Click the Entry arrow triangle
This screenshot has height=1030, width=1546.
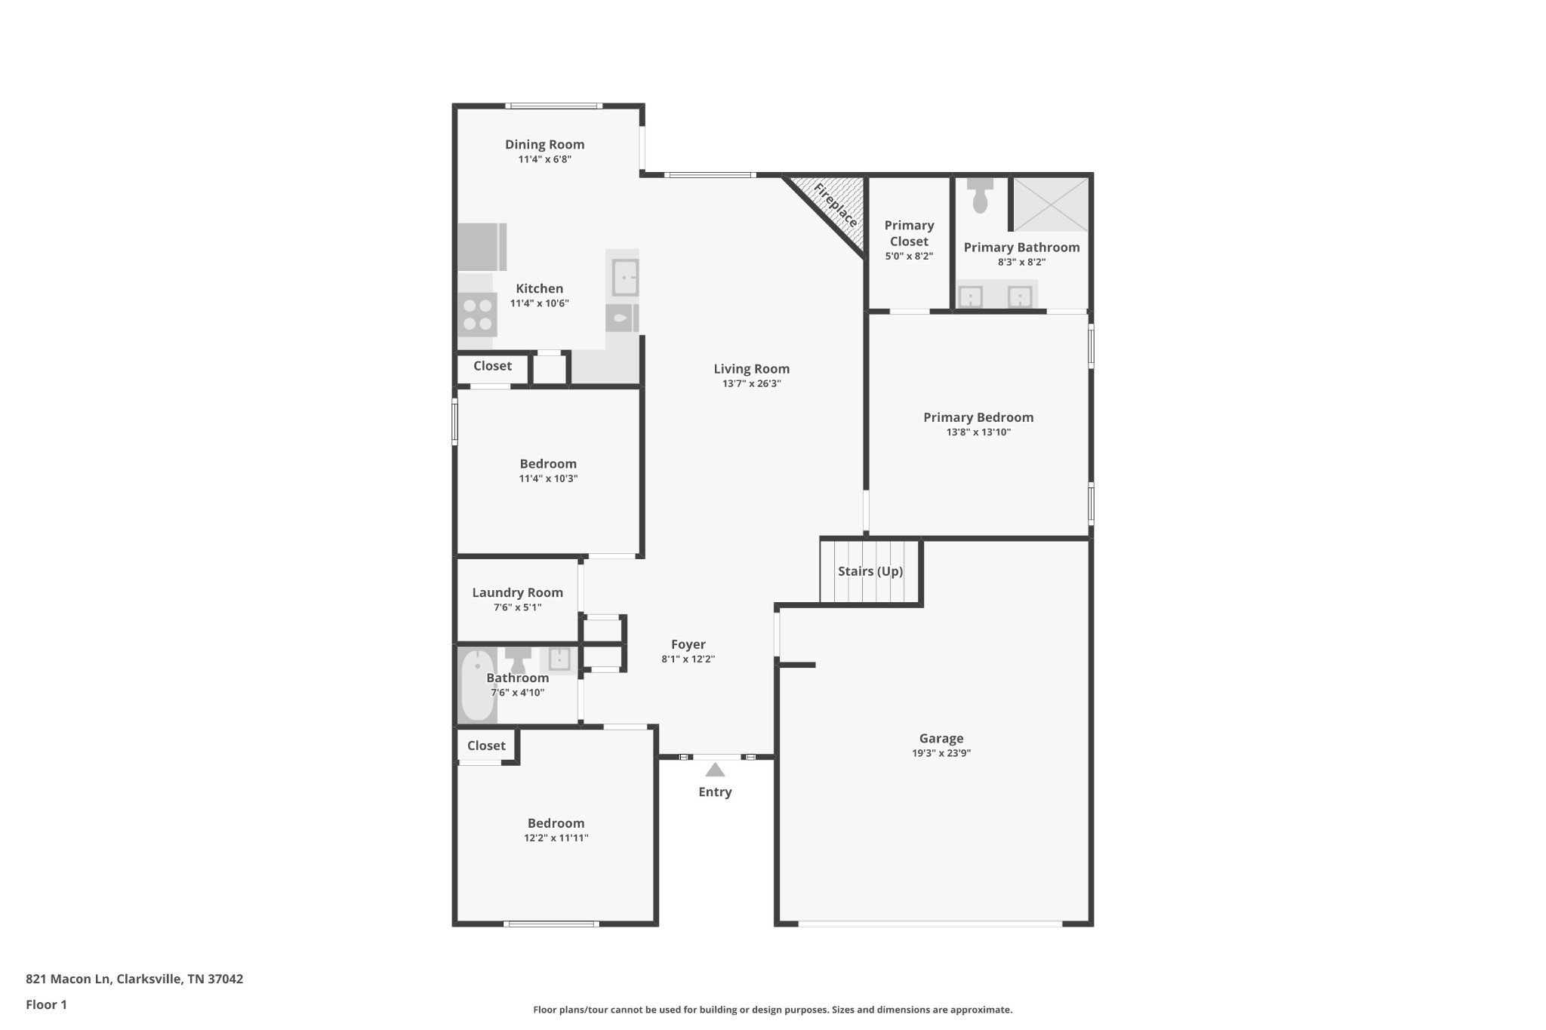[x=715, y=770]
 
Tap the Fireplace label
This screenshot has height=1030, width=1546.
[x=836, y=205]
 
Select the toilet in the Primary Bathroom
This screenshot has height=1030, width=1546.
[x=980, y=195]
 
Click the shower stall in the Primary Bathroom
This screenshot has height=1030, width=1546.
[x=1050, y=204]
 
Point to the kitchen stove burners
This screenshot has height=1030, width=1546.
[x=477, y=315]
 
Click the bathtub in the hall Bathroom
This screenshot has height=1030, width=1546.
[x=477, y=685]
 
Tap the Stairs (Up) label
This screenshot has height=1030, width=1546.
[x=870, y=571]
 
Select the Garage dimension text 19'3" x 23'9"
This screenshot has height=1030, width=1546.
[x=941, y=753]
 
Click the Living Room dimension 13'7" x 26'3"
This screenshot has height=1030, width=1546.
[x=751, y=383]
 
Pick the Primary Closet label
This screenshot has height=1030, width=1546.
[x=909, y=233]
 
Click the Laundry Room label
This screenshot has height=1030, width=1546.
[x=517, y=592]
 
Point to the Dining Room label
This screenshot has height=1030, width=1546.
[x=544, y=144]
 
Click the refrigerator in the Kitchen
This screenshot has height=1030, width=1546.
[x=481, y=247]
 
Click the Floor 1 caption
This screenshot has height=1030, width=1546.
[x=46, y=1004]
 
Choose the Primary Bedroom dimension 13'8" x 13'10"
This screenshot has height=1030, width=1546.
[x=978, y=432]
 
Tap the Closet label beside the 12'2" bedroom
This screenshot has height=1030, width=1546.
[x=486, y=746]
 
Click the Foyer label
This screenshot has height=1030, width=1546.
[x=688, y=644]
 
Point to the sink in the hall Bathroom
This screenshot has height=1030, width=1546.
[x=559, y=659]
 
